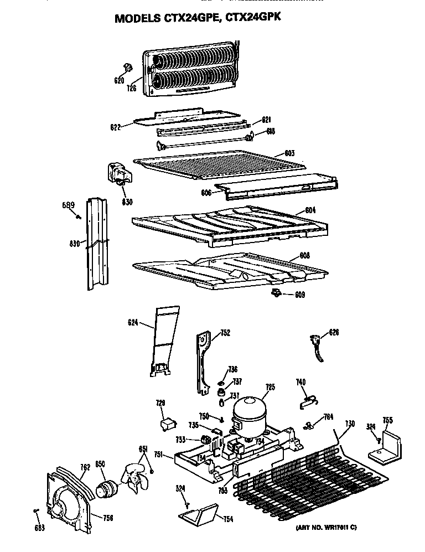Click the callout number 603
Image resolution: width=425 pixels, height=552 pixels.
click(x=289, y=153)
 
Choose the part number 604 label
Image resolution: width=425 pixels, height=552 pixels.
click(x=310, y=211)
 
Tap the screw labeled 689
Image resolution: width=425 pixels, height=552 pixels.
click(x=80, y=216)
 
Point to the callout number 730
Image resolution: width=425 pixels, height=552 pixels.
click(x=349, y=424)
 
